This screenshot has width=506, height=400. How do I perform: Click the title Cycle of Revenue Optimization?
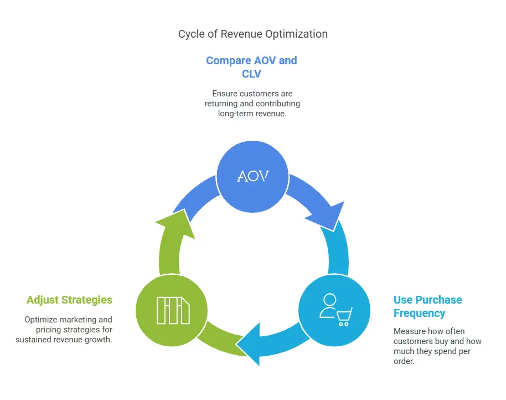point(252,34)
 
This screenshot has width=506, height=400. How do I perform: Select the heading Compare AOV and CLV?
point(251,66)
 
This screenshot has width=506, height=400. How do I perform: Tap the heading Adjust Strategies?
point(69,300)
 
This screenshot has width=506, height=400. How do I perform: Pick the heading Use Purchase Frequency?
point(427,306)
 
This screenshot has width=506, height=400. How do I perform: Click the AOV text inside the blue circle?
point(252,176)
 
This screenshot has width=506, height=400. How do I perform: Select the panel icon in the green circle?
point(173,310)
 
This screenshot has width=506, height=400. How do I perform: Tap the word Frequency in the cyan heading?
point(419,313)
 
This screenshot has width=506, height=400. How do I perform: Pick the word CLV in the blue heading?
point(251,73)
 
